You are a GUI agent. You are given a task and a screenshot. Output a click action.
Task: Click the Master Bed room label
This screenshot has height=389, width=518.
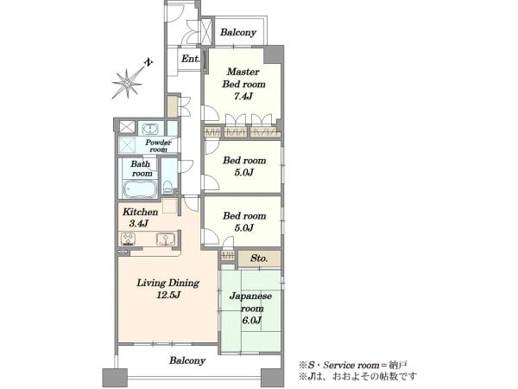point(243,78)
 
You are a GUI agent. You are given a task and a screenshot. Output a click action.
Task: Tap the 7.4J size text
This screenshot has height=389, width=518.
point(243,97)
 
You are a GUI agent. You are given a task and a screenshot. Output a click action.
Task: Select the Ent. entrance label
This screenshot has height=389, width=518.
point(190,59)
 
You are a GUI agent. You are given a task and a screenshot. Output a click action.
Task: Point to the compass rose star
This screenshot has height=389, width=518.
point(127,83)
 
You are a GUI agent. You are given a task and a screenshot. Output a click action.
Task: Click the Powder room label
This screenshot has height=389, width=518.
point(158,146)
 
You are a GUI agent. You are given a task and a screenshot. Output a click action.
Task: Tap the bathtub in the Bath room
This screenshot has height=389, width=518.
point(140,189)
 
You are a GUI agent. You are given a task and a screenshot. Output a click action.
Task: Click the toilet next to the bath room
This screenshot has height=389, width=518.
point(167,188)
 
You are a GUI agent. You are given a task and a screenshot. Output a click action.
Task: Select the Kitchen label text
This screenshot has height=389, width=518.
point(140,212)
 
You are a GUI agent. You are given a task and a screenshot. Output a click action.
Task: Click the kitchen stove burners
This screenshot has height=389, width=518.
point(128,239)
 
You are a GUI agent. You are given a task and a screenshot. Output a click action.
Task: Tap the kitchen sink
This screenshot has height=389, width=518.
point(166,239)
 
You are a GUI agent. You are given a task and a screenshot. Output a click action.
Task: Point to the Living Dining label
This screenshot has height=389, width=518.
point(167,284)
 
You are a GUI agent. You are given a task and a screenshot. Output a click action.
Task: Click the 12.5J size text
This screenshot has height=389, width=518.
point(168,295)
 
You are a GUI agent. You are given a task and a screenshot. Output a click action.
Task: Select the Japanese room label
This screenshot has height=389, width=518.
point(251,303)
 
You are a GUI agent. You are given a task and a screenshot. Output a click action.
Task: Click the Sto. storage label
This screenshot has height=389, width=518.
point(259,258)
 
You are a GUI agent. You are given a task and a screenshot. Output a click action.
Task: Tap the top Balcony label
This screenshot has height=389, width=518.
point(238,33)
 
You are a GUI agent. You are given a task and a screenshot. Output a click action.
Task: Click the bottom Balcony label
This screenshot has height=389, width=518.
point(187,360)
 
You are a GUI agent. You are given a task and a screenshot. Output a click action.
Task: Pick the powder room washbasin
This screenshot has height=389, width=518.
point(150,129)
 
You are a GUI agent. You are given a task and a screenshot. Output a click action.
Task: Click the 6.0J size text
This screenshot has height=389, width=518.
point(251,320)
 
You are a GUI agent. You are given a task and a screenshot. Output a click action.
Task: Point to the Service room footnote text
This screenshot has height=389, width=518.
point(352,366)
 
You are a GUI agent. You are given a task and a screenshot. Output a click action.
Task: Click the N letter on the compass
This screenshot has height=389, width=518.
point(149,62)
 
